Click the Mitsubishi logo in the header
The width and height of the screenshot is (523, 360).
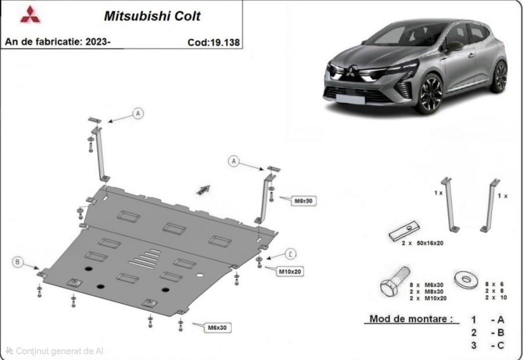click(30, 15)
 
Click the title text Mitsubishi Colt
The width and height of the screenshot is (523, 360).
click(152, 16)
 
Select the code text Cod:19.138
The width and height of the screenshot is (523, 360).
click(213, 43)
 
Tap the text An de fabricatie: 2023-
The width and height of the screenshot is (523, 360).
click(58, 42)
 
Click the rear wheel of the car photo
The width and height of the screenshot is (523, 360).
click(499, 76)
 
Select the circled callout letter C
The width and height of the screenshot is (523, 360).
click(291, 253)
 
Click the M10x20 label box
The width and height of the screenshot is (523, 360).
click(291, 271)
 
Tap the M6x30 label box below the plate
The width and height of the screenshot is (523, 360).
click(217, 328)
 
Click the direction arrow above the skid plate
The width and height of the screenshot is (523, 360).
click(203, 190)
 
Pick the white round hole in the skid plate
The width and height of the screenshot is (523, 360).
click(200, 275)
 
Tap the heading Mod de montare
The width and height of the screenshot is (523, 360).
click(413, 318)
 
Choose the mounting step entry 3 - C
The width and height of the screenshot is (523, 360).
click(488, 345)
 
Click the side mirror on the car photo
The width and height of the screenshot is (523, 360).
click(454, 46)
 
